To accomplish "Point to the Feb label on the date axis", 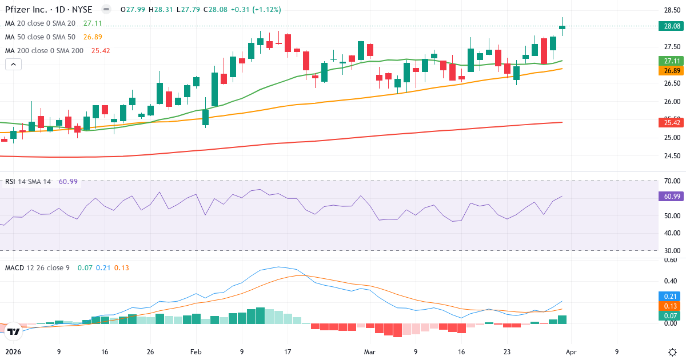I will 196,352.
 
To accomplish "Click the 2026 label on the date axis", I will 14,352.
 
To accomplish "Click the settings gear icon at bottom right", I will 673,352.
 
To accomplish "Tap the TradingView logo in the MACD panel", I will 14,331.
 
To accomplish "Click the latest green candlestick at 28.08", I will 563,27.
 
